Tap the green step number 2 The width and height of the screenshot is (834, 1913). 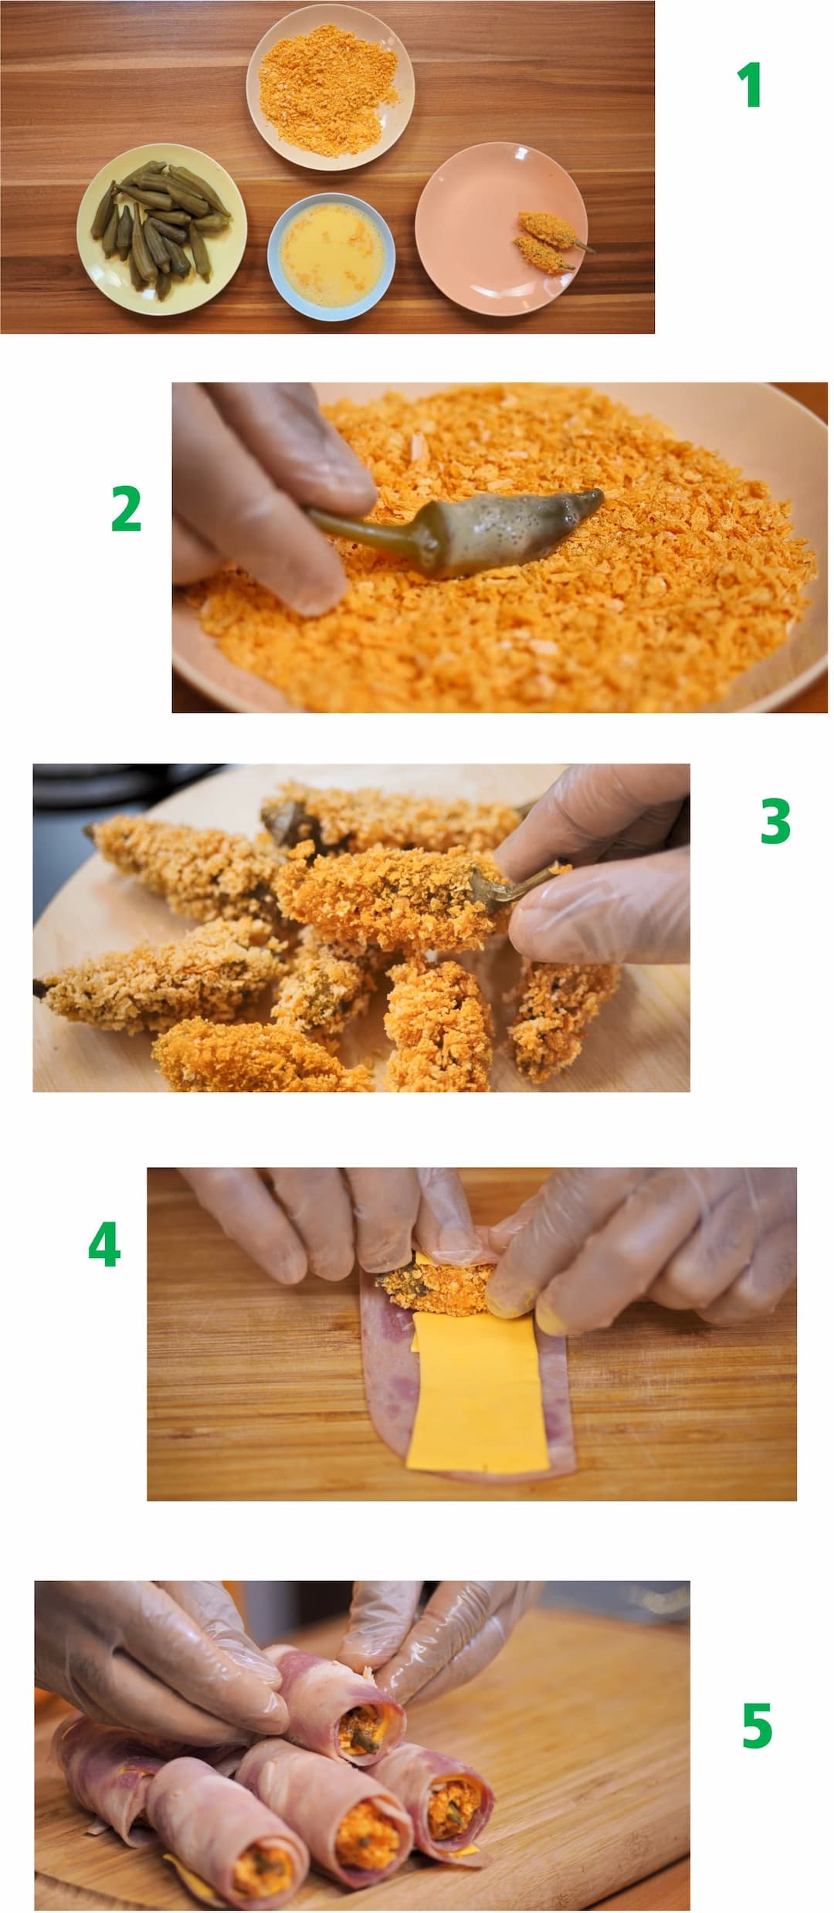click(127, 509)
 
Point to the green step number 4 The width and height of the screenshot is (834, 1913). click(104, 1244)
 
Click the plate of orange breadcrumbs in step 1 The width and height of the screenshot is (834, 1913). click(330, 86)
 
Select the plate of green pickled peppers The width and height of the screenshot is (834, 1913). click(161, 230)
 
